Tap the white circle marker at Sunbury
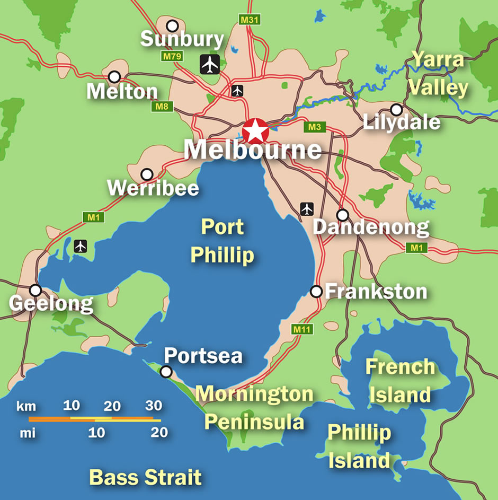click(172, 25)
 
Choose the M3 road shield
click(315, 127)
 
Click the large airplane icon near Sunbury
click(210, 65)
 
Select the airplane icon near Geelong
click(80, 246)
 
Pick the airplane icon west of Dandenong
click(307, 209)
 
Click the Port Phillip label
click(223, 241)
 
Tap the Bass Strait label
click(145, 477)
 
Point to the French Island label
click(400, 380)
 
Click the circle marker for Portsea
click(166, 372)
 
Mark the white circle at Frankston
click(316, 291)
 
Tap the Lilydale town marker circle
click(396, 109)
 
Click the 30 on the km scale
click(154, 406)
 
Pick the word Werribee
click(153, 188)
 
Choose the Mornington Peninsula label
click(254, 408)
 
